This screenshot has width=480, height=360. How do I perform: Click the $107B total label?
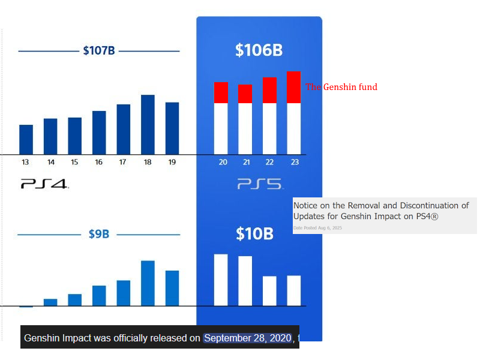(99, 50)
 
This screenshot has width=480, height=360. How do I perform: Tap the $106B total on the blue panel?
(259, 50)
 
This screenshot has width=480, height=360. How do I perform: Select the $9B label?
(99, 234)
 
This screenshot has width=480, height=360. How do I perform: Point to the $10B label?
(254, 233)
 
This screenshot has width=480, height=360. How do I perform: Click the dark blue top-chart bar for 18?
(148, 124)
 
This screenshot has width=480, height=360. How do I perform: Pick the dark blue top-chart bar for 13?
(26, 139)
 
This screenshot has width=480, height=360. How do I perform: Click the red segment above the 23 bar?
(293, 88)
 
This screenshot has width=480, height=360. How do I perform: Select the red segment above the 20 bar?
(221, 93)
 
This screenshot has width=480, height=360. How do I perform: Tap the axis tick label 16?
(98, 162)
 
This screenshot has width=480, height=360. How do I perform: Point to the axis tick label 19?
(172, 162)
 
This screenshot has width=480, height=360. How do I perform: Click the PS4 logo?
(45, 184)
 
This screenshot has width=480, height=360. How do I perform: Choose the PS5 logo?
(259, 184)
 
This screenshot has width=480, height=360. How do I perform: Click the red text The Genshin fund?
(341, 87)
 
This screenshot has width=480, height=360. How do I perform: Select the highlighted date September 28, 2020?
(248, 338)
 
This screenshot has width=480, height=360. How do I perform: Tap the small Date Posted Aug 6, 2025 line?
(317, 228)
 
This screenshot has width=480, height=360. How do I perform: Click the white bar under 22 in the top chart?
(269, 128)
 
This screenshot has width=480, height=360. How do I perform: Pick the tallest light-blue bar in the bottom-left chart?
(148, 283)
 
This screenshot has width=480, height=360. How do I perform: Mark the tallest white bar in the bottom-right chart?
(221, 280)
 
